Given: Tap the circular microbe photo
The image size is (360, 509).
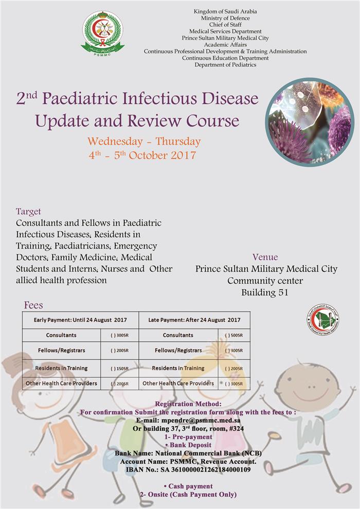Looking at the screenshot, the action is (310, 122).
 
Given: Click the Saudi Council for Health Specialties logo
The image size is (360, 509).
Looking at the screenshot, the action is (323, 320).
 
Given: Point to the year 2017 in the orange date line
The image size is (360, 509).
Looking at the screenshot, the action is (184, 155).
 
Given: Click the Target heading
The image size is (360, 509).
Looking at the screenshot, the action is (29, 211).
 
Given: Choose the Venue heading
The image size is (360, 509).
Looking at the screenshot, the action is (265, 257).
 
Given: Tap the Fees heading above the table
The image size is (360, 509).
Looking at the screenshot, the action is (33, 305).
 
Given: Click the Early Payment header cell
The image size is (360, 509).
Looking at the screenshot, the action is (81, 320).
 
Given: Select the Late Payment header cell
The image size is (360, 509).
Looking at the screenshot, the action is (194, 320).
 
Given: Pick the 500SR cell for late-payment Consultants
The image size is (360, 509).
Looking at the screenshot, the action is (234, 335).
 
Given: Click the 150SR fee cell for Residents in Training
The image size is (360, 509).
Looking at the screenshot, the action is (120, 369).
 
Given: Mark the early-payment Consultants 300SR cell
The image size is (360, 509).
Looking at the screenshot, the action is (120, 335).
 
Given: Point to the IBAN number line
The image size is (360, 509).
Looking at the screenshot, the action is (188, 470).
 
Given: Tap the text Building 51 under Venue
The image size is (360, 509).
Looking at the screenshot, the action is (264, 293).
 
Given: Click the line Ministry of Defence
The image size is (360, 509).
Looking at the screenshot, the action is (225, 18).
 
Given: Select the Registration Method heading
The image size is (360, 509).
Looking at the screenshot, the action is (188, 404).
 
